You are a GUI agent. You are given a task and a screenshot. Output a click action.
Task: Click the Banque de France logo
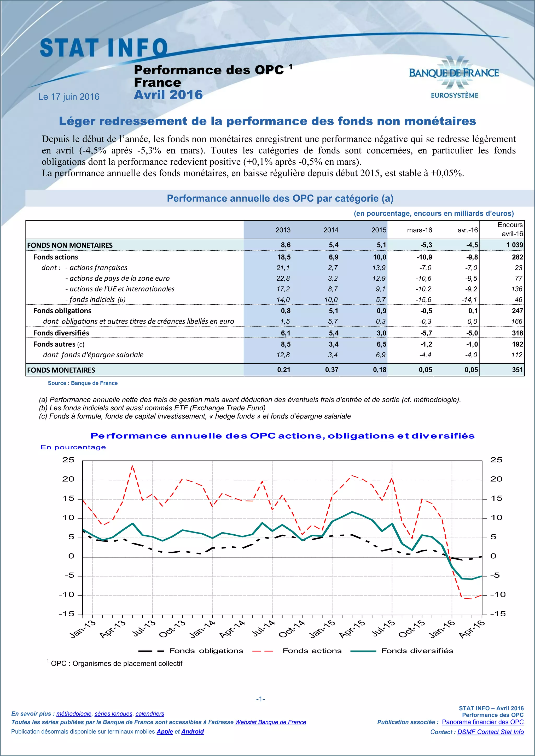pyautogui.click(x=454, y=77)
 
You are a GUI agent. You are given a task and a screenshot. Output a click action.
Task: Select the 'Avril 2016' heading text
pyautogui.click(x=168, y=95)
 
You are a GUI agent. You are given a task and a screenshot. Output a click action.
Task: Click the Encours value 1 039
pyautogui.click(x=515, y=245)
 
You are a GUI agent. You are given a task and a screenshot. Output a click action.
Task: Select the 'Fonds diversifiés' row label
pyautogui.click(x=61, y=333)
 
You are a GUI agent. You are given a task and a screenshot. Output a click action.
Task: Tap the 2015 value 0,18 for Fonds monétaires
pyautogui.click(x=380, y=370)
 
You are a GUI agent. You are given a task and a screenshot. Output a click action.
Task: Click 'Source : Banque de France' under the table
pyautogui.click(x=83, y=383)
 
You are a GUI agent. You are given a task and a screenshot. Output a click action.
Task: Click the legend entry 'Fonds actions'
pyautogui.click(x=312, y=651)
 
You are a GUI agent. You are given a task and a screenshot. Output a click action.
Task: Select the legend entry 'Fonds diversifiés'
pyautogui.click(x=417, y=651)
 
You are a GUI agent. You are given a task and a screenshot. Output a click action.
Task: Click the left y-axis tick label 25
pyautogui.click(x=68, y=460)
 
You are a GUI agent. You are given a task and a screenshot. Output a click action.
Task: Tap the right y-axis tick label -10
pyautogui.click(x=497, y=595)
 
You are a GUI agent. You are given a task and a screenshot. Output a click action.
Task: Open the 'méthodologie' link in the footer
pyautogui.click(x=74, y=713)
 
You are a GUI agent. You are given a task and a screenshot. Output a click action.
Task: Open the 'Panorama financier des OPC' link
pyautogui.click(x=482, y=722)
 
